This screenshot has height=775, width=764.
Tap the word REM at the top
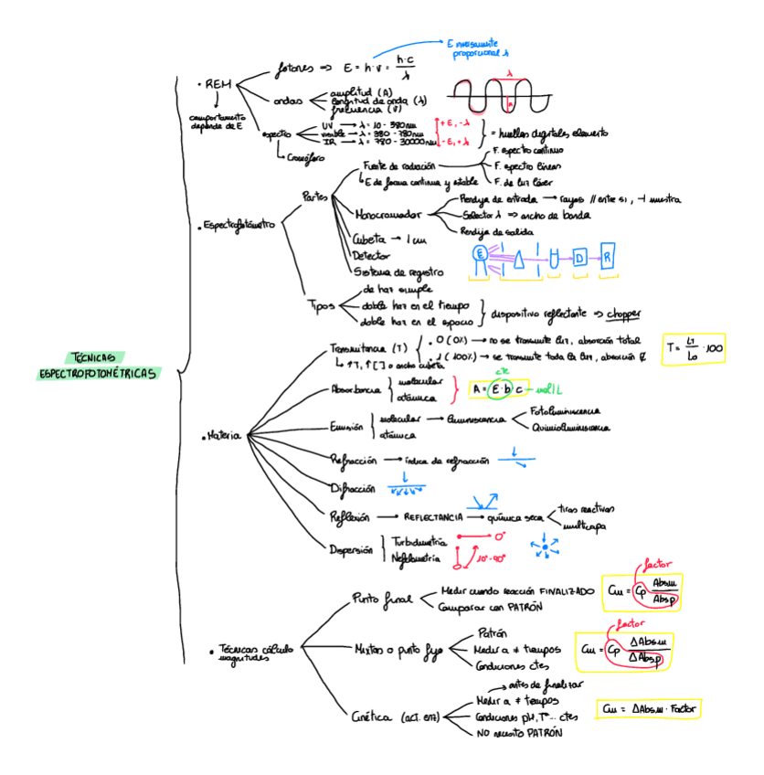[218, 84]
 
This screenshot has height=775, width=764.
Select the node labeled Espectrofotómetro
[239, 224]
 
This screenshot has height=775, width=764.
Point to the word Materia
[224, 436]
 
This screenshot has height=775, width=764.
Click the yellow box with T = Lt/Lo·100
[694, 348]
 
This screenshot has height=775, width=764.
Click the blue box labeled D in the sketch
[579, 259]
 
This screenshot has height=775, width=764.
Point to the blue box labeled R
[607, 257]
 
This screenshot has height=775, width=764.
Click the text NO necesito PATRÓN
[518, 732]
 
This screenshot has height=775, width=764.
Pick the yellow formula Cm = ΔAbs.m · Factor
[653, 708]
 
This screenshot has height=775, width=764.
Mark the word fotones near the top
[294, 69]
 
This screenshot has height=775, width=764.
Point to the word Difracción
[353, 487]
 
